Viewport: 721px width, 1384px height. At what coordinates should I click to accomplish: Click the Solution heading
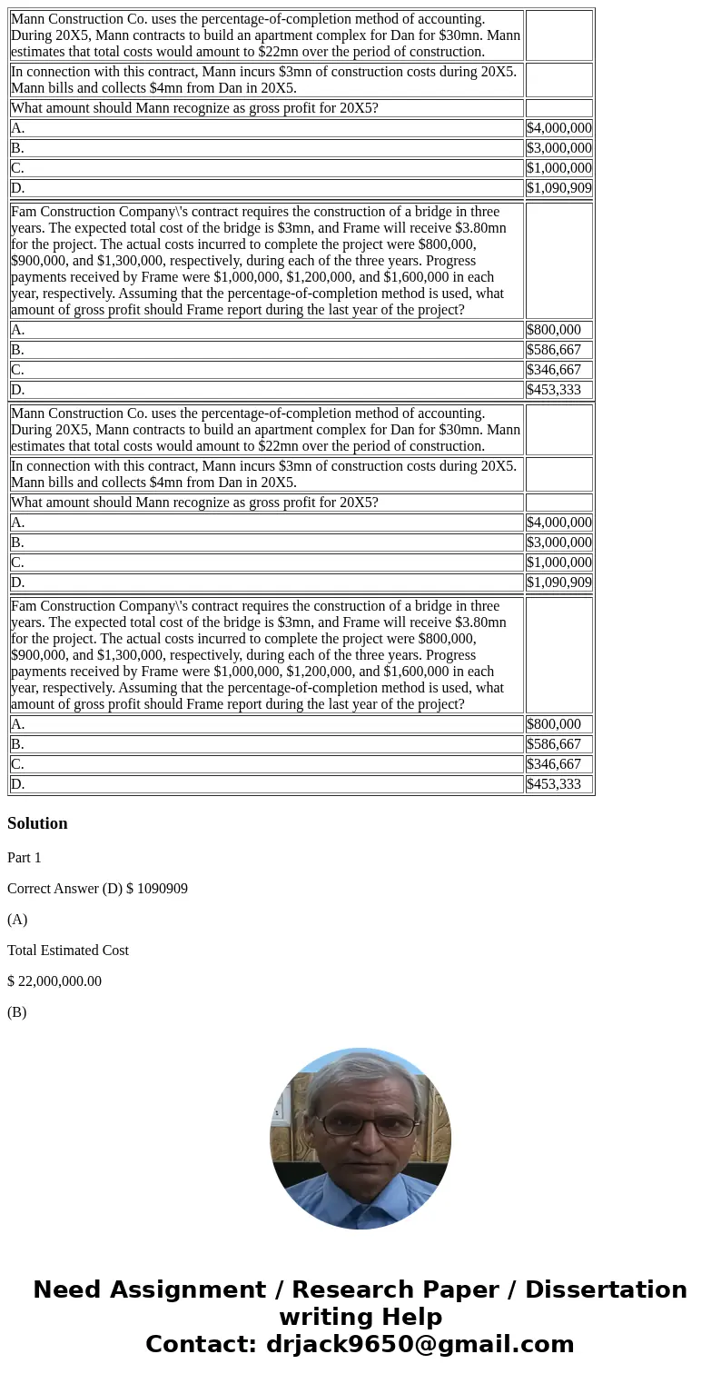point(37,823)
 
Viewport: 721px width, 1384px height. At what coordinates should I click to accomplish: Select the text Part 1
point(25,858)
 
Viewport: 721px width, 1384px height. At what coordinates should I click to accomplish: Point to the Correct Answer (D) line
point(97,889)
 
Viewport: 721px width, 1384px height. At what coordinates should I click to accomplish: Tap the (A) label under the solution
point(17,920)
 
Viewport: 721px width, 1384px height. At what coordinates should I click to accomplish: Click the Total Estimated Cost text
point(68,951)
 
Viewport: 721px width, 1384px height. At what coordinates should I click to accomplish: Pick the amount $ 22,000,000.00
point(54,981)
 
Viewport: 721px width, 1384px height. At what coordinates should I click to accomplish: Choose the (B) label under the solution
point(17,1012)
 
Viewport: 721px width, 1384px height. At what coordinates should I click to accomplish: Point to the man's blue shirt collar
point(360,1200)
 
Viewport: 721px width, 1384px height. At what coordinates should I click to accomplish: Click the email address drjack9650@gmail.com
point(420,1345)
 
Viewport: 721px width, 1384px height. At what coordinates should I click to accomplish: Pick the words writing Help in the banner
point(360,1318)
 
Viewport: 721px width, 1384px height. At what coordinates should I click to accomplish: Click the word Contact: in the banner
point(201,1345)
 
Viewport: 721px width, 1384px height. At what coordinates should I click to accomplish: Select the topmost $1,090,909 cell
point(558,188)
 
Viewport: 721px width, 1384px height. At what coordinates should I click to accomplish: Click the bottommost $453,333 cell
point(554,784)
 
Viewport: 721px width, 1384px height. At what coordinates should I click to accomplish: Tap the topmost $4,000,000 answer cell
point(558,128)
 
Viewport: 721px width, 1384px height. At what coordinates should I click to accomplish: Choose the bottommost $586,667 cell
point(554,744)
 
